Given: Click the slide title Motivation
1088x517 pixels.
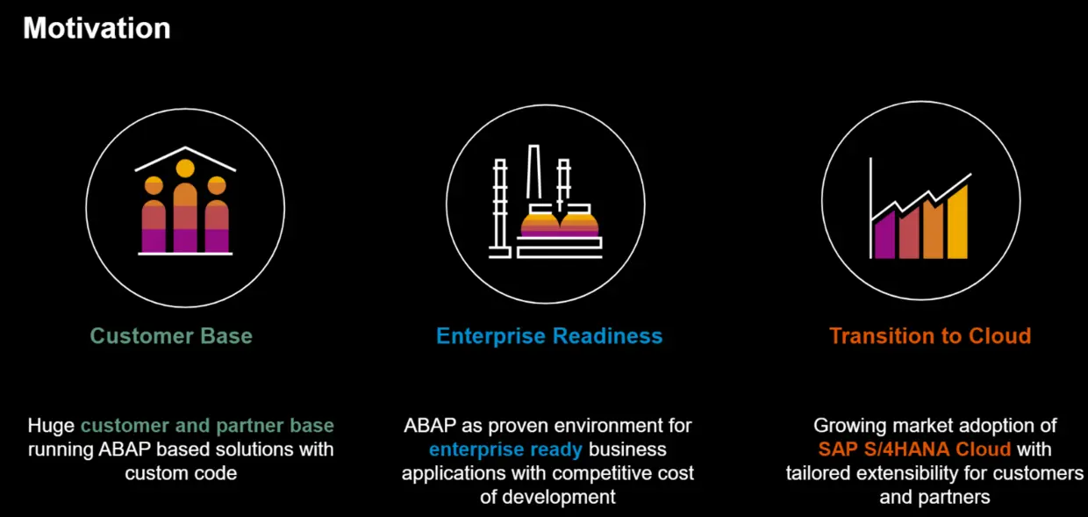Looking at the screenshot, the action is (97, 28).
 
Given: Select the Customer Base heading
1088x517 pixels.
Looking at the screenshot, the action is (171, 336).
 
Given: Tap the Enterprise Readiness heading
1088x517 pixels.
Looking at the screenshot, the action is (549, 336).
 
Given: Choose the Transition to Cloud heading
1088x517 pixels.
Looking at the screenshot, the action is (929, 336).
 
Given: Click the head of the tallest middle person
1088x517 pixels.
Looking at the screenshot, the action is (185, 168).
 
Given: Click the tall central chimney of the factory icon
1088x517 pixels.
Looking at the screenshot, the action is (533, 176).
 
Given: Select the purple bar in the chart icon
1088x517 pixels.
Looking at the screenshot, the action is (884, 237).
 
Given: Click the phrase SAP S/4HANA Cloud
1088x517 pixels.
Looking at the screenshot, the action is (914, 449).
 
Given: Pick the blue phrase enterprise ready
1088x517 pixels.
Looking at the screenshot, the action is (505, 449).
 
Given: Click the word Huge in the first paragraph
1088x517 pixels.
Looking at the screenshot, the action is (51, 427).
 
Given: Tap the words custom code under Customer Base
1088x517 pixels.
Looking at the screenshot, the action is (181, 473).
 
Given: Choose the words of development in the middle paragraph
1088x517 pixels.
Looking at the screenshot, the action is (548, 497).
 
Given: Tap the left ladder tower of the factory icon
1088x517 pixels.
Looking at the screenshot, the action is (500, 206).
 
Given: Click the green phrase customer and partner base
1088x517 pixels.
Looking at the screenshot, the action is (207, 427).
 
